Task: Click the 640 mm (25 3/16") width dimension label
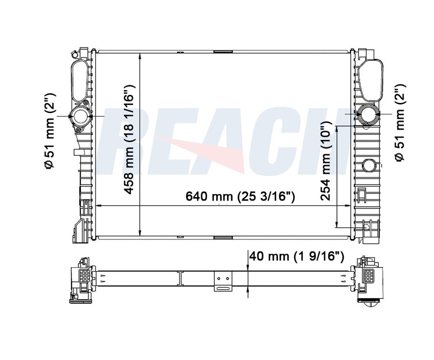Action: (x=240, y=196)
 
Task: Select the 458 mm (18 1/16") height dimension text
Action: (x=129, y=139)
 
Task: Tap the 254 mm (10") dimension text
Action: (x=325, y=161)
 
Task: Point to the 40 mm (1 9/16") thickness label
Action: (x=297, y=256)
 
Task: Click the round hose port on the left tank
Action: (x=80, y=117)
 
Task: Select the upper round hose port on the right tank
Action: (x=367, y=114)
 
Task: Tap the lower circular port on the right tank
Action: (x=369, y=166)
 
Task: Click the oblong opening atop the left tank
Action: (x=80, y=81)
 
